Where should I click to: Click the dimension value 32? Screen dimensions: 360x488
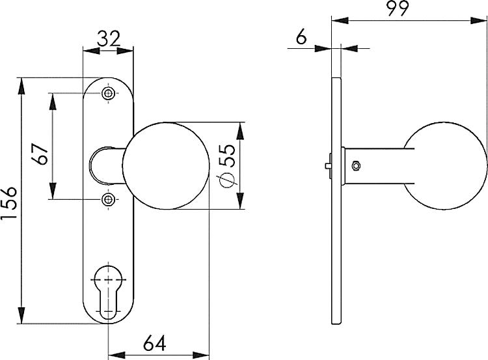(108, 38)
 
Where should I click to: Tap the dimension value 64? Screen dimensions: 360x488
(159, 342)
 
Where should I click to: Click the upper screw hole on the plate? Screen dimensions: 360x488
(108, 94)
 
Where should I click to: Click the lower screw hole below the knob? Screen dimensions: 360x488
(108, 199)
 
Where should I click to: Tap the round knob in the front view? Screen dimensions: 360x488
(166, 166)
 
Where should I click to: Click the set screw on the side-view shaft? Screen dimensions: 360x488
(355, 165)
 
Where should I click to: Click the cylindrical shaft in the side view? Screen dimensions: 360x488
(381, 165)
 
